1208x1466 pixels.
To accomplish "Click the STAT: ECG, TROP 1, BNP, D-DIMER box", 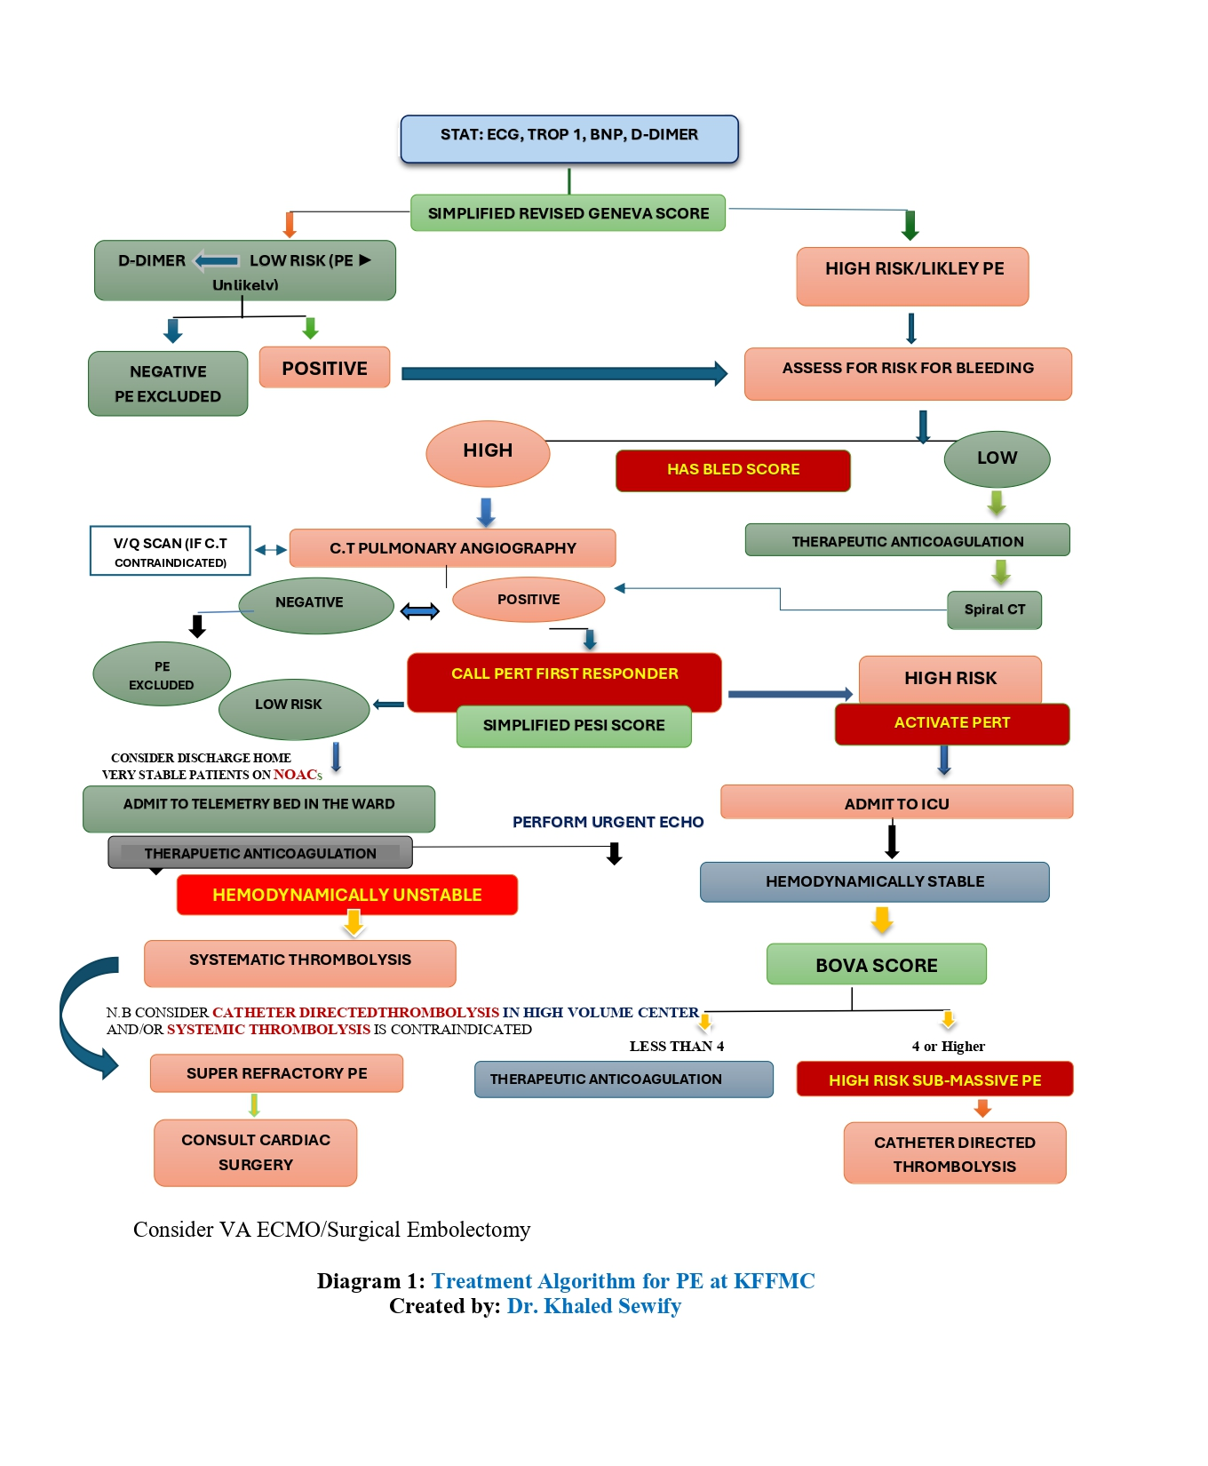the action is pos(569,139).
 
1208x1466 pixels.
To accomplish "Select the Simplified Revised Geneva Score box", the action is pos(568,213).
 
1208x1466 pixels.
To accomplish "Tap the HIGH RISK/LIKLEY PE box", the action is pos(913,276).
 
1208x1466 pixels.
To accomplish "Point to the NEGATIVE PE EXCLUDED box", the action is pos(168,384).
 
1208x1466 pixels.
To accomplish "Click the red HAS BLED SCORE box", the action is pos(734,470).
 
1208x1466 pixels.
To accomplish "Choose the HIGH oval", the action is pos(488,453).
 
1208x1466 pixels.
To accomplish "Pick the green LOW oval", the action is pos(997,459).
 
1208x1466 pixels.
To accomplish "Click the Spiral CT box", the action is pos(995,610).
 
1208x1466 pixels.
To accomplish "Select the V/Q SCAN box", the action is pos(171,551).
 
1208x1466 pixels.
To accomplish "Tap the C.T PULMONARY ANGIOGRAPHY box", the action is pos(453,548).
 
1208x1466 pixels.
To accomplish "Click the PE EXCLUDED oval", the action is pos(162,674).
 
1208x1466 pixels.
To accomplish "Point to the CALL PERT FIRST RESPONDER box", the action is pos(565,681).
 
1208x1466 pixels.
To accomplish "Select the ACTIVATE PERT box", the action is pos(952,724).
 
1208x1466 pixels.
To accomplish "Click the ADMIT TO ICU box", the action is pos(897,802).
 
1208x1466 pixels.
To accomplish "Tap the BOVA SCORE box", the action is pos(877,965).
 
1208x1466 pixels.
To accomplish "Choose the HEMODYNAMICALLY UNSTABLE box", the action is pos(347,895).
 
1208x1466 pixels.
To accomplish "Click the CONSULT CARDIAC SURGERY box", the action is pos(256,1153).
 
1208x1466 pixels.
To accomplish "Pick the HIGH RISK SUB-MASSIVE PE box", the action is pos(935,1080).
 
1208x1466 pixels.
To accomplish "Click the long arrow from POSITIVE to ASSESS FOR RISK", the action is pos(565,374).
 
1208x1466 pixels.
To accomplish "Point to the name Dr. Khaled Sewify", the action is pos(594,1306).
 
